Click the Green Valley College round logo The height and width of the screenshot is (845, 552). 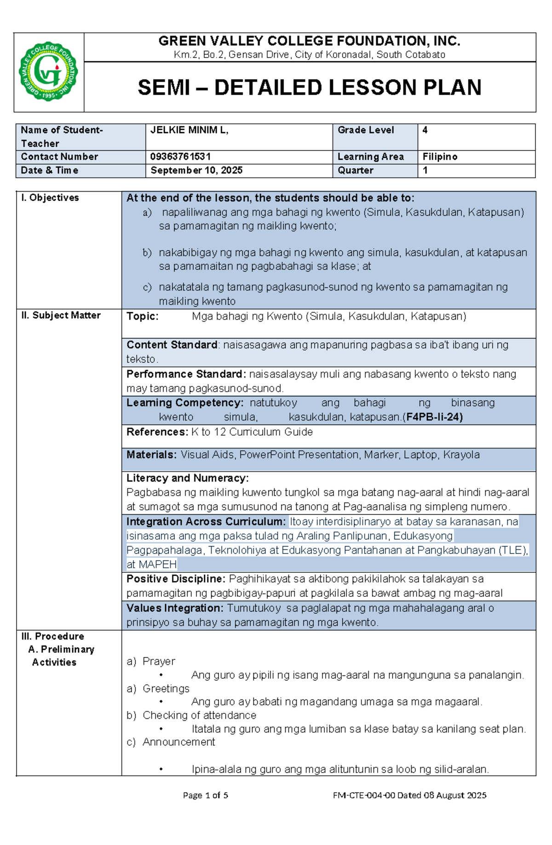coord(48,71)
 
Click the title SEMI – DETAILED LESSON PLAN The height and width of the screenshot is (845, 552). coord(309,87)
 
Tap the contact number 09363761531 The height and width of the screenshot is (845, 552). coord(180,157)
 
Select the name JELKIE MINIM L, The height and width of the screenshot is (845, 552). coord(189,130)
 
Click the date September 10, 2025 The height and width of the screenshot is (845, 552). coord(196,170)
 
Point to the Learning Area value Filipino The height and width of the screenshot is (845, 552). coord(440,157)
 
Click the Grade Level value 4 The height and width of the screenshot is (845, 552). coord(425,130)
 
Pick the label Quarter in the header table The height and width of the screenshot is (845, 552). coord(355,170)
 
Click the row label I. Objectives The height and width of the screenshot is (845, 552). coord(50,198)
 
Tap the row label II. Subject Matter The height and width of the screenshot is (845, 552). coord(61,315)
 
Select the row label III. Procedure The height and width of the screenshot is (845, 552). coord(52,636)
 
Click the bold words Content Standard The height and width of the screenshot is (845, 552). coord(172,345)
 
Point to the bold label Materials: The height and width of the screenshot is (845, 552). coord(151,455)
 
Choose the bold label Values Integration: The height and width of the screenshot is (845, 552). coord(175,608)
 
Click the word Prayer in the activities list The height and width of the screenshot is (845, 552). coord(159,661)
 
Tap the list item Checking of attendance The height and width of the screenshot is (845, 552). coord(199,715)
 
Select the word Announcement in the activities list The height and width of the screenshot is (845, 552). coord(178,742)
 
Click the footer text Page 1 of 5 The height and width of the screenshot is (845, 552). coord(205,795)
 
